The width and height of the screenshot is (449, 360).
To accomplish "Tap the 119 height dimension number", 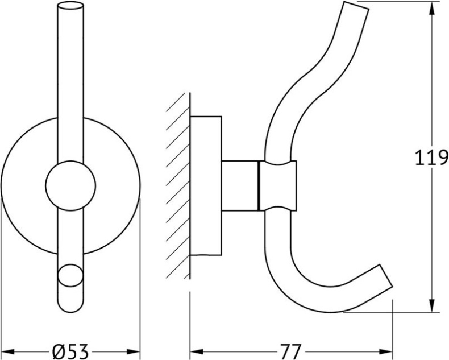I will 431,158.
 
